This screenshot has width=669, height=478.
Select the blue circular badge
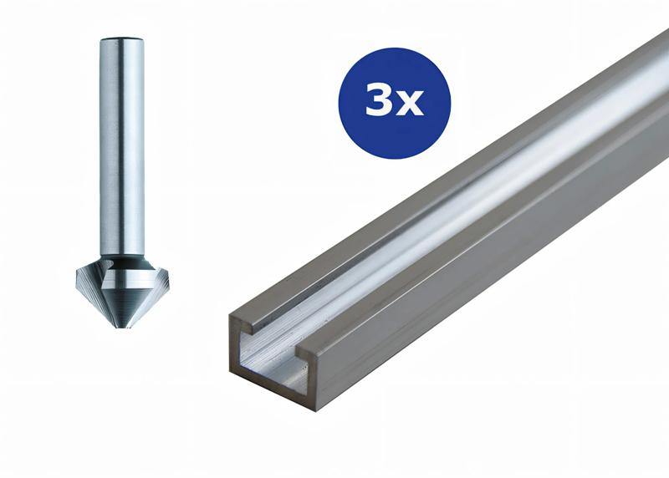tap(394, 102)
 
